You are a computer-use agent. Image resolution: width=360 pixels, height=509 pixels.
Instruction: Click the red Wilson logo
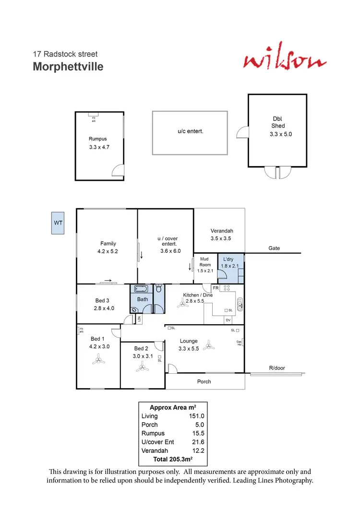(285, 61)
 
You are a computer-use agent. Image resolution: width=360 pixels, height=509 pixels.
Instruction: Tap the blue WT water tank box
(58, 223)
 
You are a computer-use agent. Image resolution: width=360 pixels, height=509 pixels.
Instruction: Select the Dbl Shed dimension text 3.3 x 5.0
(281, 134)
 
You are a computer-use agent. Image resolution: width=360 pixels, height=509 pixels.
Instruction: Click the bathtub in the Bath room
(142, 289)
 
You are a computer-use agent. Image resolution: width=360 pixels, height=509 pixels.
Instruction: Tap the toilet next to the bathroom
(159, 289)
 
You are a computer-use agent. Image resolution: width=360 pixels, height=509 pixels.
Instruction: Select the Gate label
(274, 249)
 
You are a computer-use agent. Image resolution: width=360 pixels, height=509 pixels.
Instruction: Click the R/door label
(276, 368)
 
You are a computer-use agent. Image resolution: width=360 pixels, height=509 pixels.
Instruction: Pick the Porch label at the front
(204, 382)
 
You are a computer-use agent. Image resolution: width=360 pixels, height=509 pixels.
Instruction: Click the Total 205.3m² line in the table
(172, 459)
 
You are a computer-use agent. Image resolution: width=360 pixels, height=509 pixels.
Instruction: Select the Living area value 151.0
(197, 416)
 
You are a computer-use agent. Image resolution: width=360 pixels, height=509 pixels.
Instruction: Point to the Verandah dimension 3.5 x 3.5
(221, 238)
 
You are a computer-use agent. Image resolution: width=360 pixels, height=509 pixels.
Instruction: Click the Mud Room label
(205, 262)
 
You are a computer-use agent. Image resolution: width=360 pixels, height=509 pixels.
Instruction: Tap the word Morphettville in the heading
(68, 67)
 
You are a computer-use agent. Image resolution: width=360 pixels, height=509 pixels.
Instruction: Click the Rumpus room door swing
(118, 171)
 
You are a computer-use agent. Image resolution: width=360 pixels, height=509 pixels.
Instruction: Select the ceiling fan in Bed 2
(142, 368)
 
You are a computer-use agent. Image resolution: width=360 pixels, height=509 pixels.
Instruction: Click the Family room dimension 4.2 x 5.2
(108, 251)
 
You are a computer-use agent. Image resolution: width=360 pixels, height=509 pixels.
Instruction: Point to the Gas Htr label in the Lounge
(239, 343)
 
